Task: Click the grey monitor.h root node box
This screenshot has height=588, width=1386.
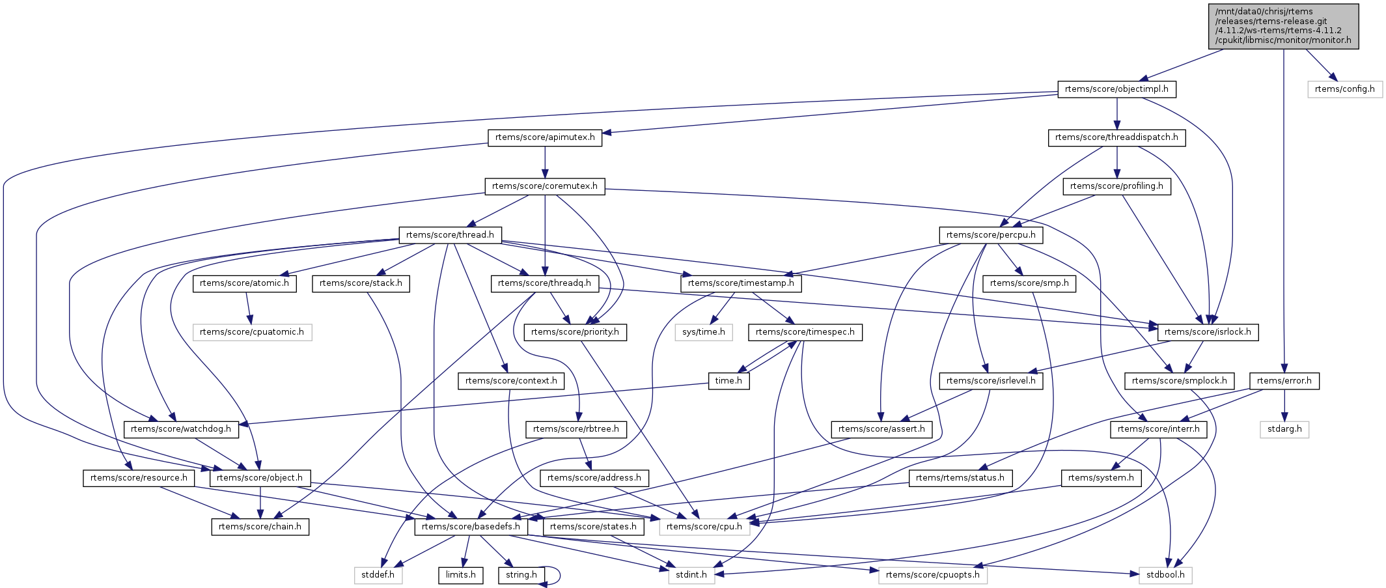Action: click(1283, 26)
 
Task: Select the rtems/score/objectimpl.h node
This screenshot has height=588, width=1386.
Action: click(1116, 89)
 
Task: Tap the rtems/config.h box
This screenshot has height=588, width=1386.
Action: click(1344, 89)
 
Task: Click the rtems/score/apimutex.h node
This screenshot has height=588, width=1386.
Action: click(545, 137)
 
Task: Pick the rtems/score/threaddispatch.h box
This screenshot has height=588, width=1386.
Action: click(1116, 137)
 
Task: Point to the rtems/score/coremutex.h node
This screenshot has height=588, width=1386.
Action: click(545, 186)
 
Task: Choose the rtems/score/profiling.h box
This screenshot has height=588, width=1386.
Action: click(1116, 186)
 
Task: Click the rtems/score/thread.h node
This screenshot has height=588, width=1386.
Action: click(450, 235)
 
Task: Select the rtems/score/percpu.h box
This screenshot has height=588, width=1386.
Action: click(991, 235)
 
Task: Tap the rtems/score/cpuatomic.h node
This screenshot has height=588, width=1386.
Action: click(252, 332)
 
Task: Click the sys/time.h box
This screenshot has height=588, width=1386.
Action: click(704, 332)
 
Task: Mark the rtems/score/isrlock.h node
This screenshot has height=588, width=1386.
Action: click(1208, 332)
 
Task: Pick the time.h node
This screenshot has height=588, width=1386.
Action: click(728, 381)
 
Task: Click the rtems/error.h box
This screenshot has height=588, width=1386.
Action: click(1284, 381)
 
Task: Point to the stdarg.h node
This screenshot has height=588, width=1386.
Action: click(1284, 429)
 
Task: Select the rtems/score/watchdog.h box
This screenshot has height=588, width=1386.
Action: click(181, 429)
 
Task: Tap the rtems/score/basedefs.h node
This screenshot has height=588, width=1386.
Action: click(471, 527)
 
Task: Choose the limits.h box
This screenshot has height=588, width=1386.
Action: click(460, 575)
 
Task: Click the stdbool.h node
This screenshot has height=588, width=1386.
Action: click(1165, 575)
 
